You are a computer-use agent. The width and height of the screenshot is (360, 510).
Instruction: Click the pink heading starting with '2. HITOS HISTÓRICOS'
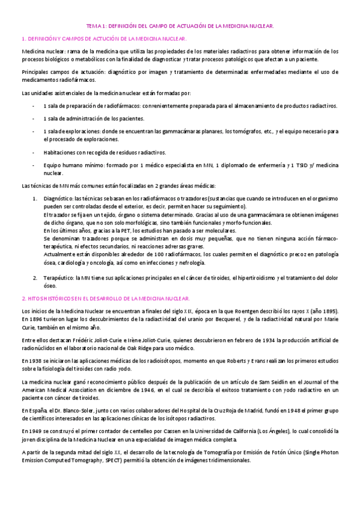[106, 298]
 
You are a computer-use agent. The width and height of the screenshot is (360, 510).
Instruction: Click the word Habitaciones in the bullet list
[59, 152]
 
